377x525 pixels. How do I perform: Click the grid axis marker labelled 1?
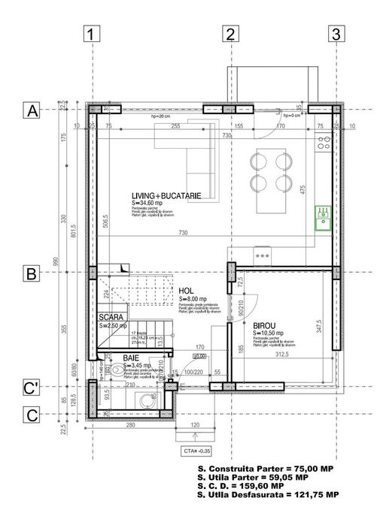[90, 34]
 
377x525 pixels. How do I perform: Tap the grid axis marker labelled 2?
[230, 34]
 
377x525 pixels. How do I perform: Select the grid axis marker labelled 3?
[336, 34]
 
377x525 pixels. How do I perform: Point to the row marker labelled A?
[32, 110]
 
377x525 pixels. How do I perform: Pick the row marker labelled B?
[32, 274]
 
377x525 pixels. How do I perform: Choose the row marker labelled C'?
[32, 388]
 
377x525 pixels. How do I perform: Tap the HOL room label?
[187, 291]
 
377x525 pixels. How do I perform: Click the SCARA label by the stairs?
[111, 317]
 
